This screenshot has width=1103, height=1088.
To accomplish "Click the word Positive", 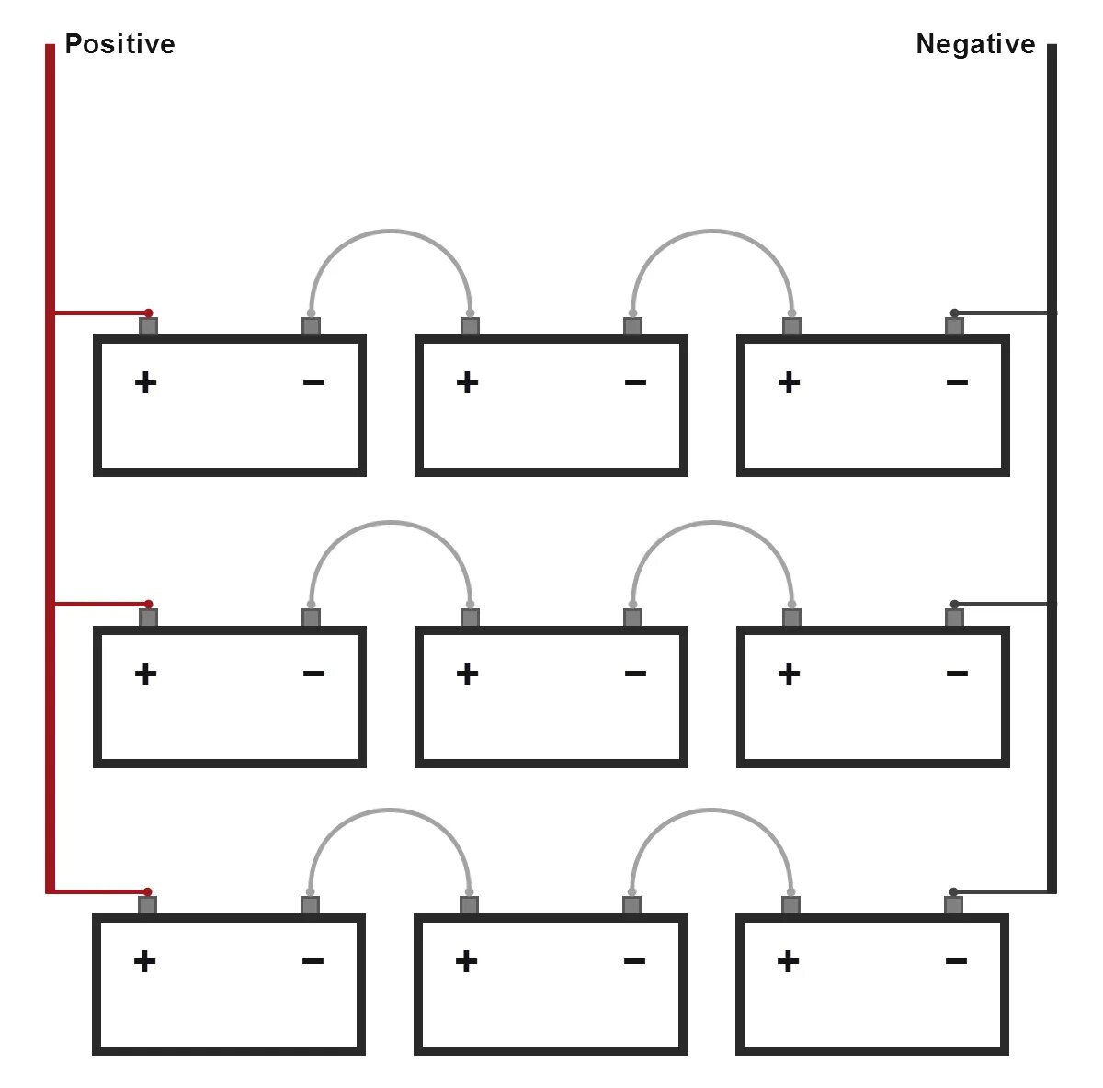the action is pos(119,44).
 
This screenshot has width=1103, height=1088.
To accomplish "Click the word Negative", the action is pos(975,44).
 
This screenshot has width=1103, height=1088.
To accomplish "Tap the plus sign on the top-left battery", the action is pos(145,382).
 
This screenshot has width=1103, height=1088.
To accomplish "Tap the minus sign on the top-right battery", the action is pos(957,381).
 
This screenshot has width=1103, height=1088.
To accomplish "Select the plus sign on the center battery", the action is pos(467,674).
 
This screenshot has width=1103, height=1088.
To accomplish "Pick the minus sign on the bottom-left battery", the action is pos(313,961).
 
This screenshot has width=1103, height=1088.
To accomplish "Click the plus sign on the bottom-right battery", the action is pos(788,961).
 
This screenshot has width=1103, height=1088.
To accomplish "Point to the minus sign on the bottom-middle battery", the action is pos(634,961).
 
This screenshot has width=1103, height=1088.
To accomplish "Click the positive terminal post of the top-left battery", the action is pos(148,326).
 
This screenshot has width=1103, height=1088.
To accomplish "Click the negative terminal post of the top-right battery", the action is pos(954,326).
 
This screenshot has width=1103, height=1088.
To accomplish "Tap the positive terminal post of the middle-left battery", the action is pos(148,618).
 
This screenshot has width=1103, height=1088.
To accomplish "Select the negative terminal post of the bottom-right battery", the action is pos(953,905).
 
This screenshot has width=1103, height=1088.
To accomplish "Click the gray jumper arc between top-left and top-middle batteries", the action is pos(391,231).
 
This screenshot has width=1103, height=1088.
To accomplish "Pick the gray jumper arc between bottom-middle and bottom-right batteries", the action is pos(711,810).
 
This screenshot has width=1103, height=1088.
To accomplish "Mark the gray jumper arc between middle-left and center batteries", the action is pos(391,523).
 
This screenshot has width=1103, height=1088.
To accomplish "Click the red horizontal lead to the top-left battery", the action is pos(101,312).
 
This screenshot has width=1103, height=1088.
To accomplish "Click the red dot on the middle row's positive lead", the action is pos(149,604).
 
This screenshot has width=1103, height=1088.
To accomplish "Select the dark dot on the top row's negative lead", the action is pos(954,312).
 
